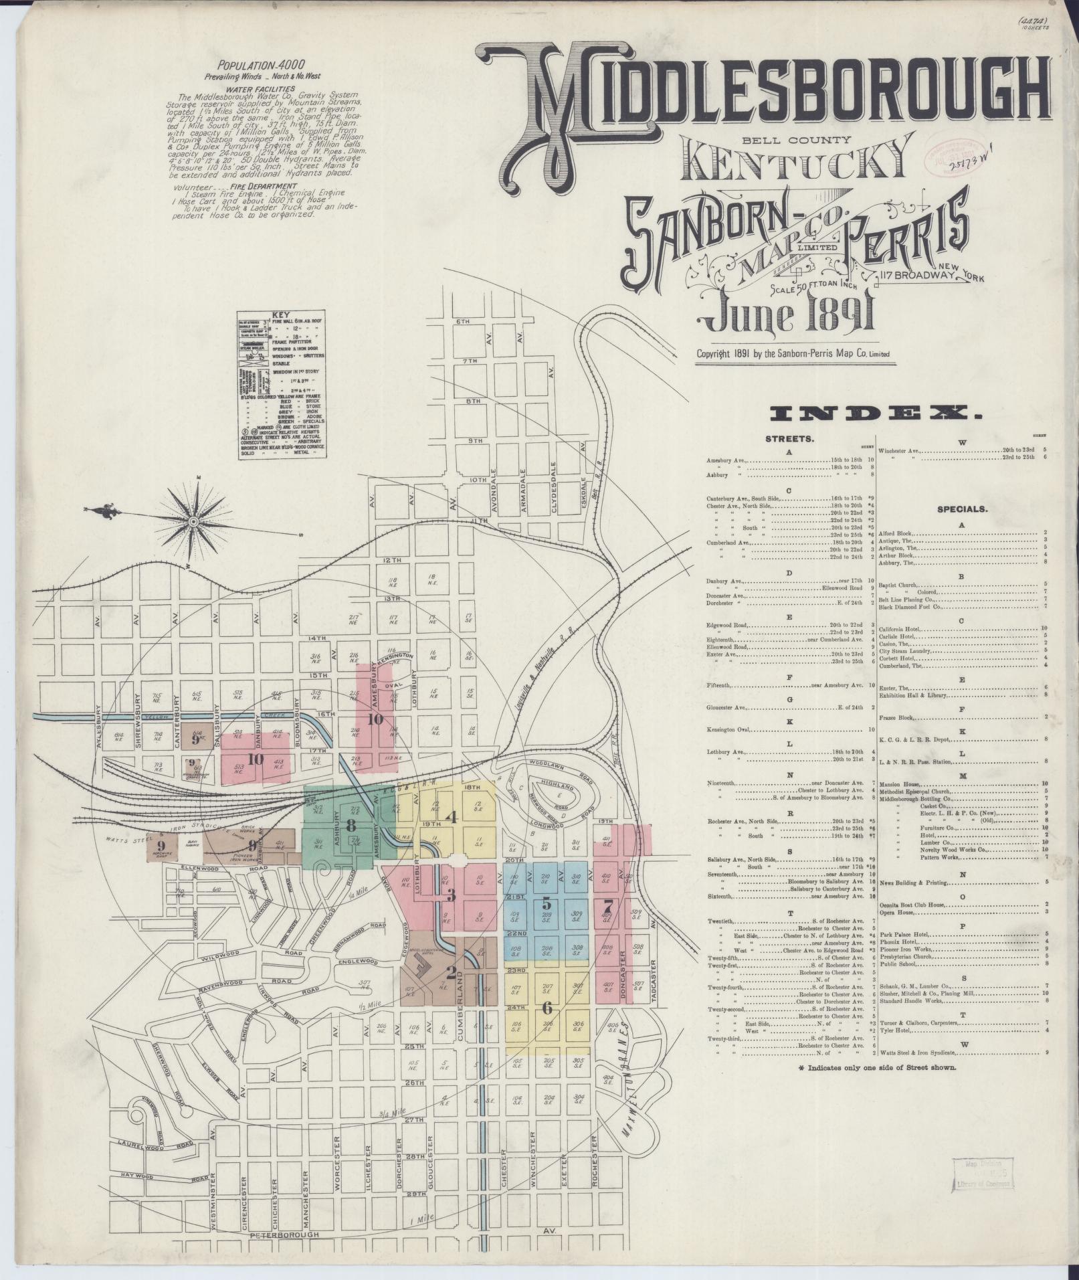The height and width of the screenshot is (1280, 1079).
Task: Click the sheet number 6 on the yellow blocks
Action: tap(547, 1007)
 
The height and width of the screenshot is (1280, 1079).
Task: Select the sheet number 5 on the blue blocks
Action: tap(547, 901)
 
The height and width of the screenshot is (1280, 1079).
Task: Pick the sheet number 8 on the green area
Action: tap(351, 826)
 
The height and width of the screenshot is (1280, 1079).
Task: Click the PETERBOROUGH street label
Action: tap(280, 1235)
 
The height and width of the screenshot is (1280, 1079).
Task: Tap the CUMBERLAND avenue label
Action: tap(460, 1011)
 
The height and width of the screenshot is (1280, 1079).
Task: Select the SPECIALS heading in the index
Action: tap(962, 509)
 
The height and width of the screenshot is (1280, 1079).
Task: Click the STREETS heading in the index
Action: tap(789, 440)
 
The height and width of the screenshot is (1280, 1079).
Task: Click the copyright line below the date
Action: tap(793, 354)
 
